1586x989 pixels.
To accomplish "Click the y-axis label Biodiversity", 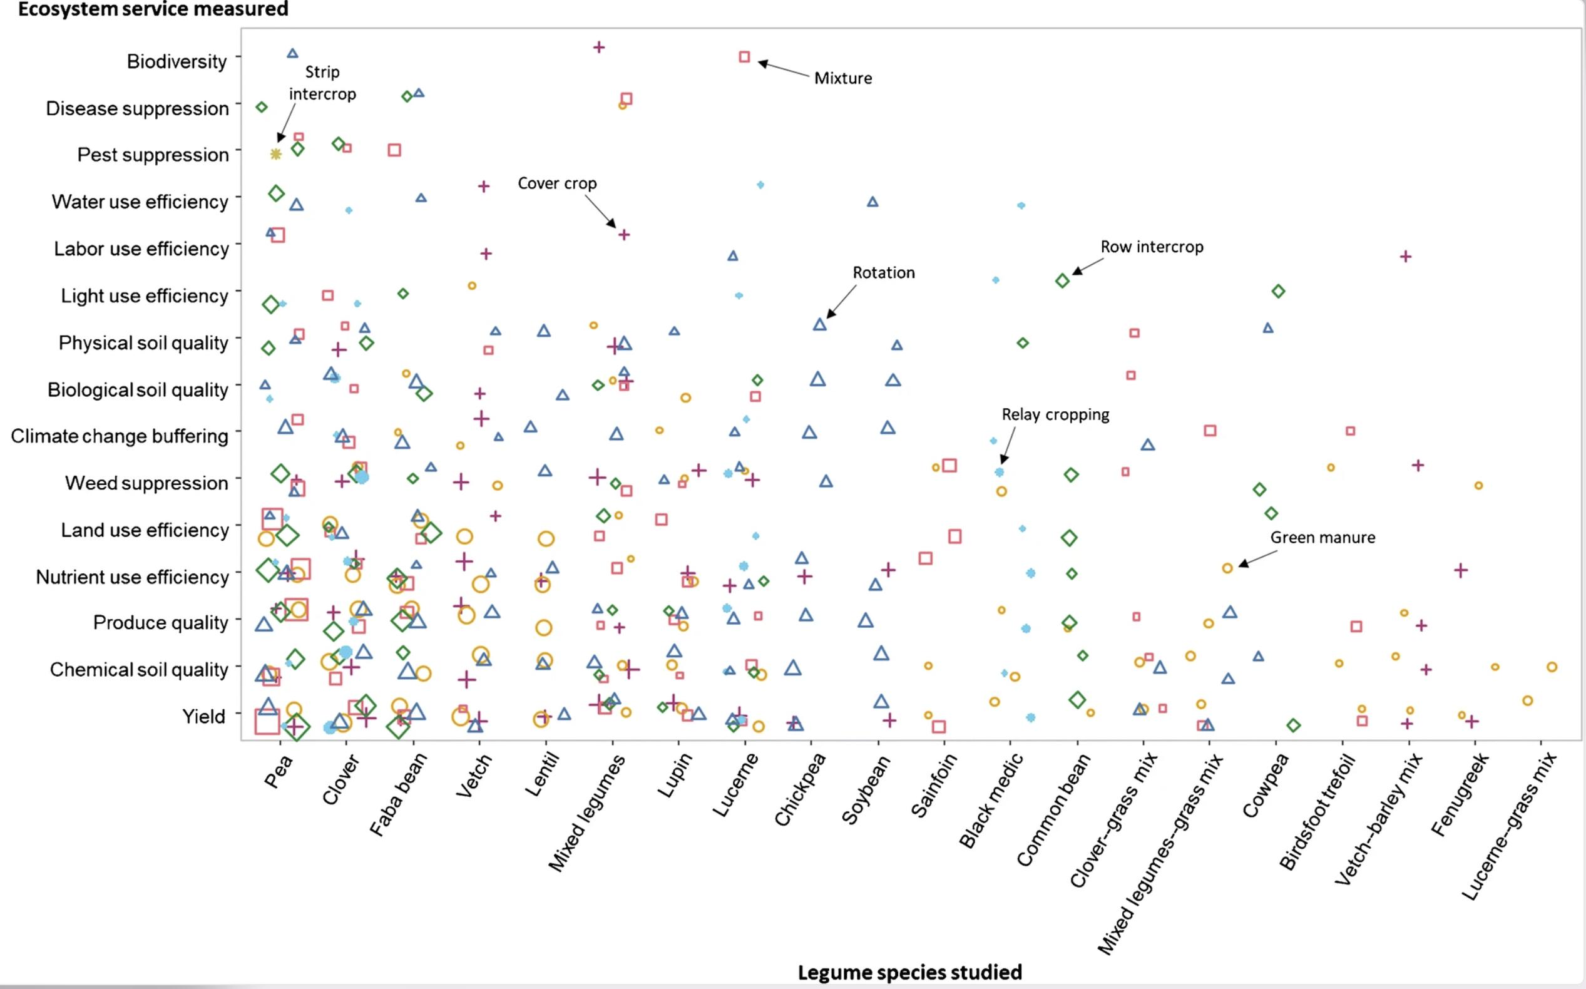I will tap(177, 61).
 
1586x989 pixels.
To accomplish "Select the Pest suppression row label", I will tap(153, 155).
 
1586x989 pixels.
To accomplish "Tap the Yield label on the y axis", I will tap(203, 717).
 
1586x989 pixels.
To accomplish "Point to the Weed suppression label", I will tap(146, 483).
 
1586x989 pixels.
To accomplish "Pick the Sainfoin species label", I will tap(934, 785).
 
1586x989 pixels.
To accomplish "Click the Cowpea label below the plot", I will tap(1266, 785).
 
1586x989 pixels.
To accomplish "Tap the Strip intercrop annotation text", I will tap(322, 83).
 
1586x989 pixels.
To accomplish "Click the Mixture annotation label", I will tap(843, 78).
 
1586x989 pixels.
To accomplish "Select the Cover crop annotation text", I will tap(557, 184).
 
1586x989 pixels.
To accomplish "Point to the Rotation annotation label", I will tap(884, 273).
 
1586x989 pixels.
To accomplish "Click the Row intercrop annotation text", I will tap(1152, 247).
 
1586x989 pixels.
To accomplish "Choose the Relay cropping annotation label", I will tap(1056, 415).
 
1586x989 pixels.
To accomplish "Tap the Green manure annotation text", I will tap(1323, 538).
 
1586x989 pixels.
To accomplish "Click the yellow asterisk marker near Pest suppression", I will tap(276, 155).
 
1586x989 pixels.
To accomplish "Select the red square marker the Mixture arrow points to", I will tap(744, 57).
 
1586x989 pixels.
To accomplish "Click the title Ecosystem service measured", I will tap(153, 9).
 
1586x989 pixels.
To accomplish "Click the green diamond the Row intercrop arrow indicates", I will tap(1063, 281).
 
